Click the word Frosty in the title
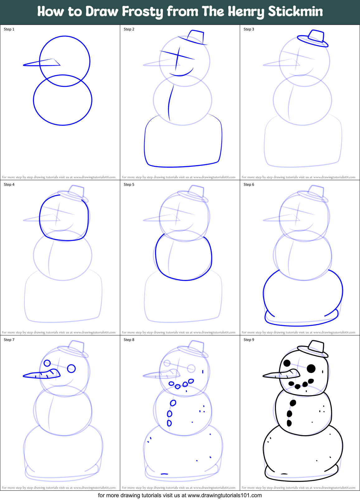tap(143, 12)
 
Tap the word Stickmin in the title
tap(295, 12)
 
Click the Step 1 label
tap(9, 29)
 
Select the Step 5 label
tap(129, 185)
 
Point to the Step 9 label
tap(249, 340)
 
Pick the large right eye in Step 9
tap(311, 369)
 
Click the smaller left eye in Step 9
tap(287, 363)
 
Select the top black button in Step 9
tap(293, 403)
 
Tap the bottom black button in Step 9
tap(289, 423)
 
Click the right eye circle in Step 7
tap(71, 369)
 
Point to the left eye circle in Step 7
tap(47, 363)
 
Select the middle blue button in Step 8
tap(169, 414)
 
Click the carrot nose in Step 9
tap(280, 374)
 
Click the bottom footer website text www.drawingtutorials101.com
tap(225, 495)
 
